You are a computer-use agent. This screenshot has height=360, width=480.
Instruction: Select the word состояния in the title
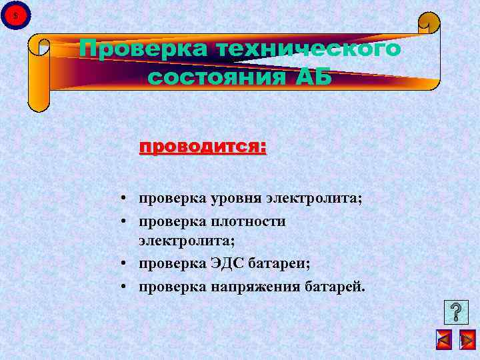(211, 77)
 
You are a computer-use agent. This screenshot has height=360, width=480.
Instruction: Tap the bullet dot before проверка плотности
(125, 221)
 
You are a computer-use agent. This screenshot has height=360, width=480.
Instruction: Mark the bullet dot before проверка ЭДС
(125, 264)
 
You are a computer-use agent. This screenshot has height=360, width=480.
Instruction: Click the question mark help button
(455, 312)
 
